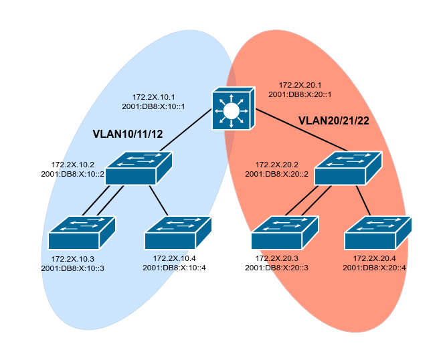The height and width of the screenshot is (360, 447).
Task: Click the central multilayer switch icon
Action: click(x=232, y=108)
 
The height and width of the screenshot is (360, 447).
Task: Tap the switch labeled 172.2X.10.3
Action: click(x=82, y=233)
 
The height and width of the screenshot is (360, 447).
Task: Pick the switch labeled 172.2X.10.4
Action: click(x=178, y=233)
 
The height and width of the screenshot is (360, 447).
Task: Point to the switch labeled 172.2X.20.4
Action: click(x=378, y=233)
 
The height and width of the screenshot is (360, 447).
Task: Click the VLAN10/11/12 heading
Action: click(x=128, y=134)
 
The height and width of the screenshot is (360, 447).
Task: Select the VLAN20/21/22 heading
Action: click(x=333, y=120)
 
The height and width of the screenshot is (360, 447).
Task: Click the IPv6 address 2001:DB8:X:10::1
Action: click(x=153, y=106)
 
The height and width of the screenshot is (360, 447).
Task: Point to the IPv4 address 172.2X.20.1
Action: click(x=300, y=85)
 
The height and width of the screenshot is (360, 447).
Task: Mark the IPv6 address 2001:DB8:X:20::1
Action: click(x=300, y=94)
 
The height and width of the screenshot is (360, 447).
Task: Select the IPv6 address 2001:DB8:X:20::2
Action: click(x=276, y=174)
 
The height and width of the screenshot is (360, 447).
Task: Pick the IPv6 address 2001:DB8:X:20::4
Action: click(x=374, y=268)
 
